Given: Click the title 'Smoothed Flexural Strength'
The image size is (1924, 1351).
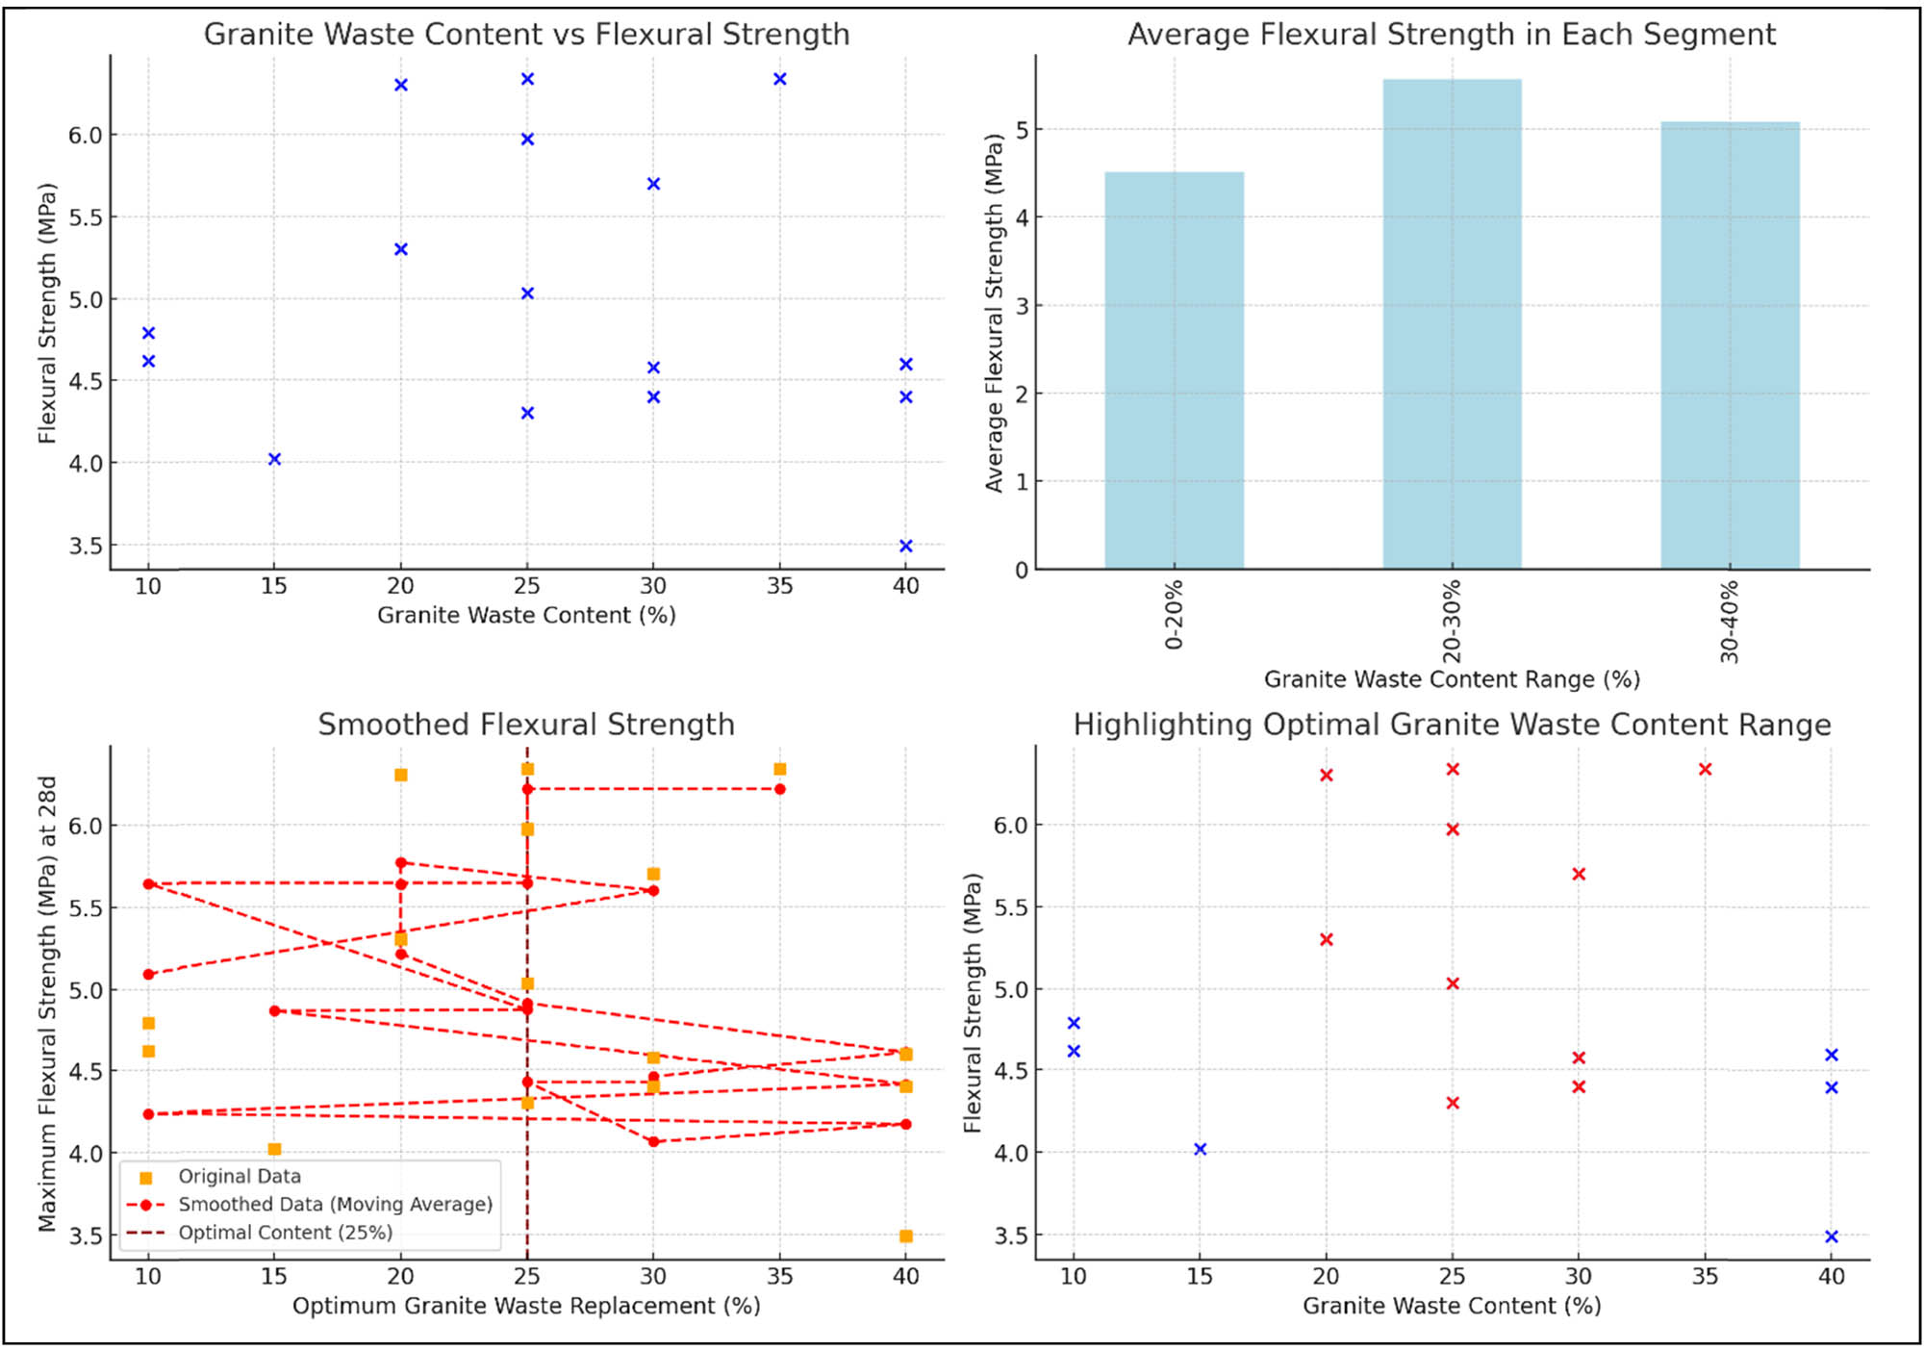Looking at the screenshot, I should (x=526, y=724).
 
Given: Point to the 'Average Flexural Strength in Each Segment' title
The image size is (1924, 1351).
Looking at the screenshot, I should (x=1451, y=34).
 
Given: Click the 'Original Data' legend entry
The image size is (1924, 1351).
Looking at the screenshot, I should (x=240, y=1176).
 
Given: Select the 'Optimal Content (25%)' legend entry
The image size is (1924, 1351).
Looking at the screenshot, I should (x=285, y=1233).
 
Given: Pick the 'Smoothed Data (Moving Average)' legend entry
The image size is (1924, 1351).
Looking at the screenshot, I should (x=335, y=1204).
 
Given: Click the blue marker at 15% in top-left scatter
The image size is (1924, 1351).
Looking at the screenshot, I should (x=274, y=459).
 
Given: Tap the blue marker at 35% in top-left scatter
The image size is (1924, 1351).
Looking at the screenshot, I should (x=780, y=79).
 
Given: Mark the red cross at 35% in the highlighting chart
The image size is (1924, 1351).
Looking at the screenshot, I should (x=1705, y=769).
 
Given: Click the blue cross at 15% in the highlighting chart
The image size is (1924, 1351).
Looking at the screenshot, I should (x=1200, y=1149).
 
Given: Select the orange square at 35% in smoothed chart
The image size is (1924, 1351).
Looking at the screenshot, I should (x=780, y=769).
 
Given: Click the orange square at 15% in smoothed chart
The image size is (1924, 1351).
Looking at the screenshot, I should (x=274, y=1149).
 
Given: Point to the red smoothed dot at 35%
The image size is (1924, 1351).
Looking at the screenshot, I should (x=780, y=789).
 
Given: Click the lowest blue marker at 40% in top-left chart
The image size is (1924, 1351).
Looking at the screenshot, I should (x=905, y=546).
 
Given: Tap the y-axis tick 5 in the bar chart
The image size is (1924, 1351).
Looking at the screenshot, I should (x=1022, y=129).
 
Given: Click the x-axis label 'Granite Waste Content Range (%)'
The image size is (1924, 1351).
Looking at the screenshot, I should (x=1451, y=679).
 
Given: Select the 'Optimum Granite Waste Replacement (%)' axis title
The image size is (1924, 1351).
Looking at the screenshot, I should (x=526, y=1306).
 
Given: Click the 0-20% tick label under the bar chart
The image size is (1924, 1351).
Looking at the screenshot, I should (x=1174, y=615).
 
